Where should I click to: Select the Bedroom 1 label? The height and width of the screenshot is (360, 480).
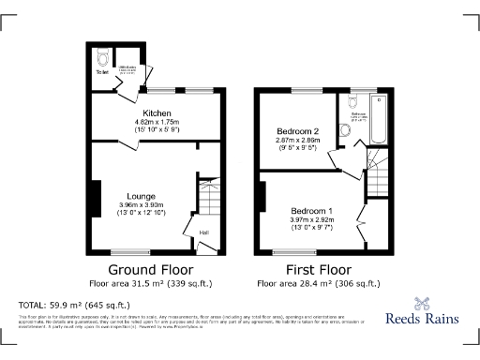(x=310, y=211)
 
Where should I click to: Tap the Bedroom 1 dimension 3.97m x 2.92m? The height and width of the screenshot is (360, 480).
(x=310, y=220)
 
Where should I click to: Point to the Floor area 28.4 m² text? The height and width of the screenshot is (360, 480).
(x=319, y=282)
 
